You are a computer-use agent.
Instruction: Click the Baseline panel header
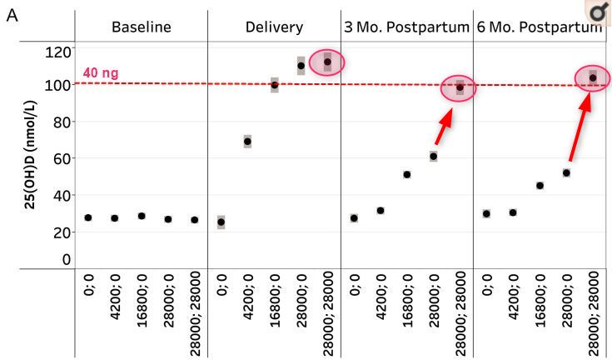tap(141, 27)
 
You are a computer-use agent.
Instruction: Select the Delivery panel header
tap(274, 27)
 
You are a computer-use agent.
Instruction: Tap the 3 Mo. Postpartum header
tap(406, 27)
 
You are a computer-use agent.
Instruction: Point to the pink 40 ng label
tap(101, 73)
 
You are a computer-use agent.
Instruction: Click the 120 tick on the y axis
tap(62, 52)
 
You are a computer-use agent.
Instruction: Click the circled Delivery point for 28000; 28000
tap(327, 62)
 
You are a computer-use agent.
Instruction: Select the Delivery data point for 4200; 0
tap(247, 142)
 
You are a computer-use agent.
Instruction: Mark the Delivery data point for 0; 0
tap(221, 222)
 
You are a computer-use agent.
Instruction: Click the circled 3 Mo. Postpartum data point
tap(460, 87)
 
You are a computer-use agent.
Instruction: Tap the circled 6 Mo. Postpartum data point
tap(593, 78)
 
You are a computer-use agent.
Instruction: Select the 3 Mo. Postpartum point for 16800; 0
tap(407, 174)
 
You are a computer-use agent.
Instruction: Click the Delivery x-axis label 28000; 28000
tap(328, 315)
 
